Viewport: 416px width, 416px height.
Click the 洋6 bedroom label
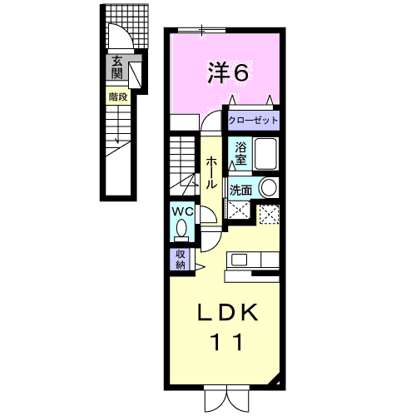(x=228, y=72)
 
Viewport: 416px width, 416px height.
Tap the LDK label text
(x=227, y=312)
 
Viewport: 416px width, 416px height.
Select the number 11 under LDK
(x=227, y=342)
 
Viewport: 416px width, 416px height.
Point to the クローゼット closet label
(x=253, y=121)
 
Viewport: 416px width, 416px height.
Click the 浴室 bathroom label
(x=240, y=153)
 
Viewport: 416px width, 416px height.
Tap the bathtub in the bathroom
(x=265, y=154)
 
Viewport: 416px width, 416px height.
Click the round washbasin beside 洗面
(x=268, y=187)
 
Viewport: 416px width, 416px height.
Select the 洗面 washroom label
(x=240, y=191)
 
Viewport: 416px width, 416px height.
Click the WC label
(x=182, y=212)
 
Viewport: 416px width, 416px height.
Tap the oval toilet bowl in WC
(x=181, y=228)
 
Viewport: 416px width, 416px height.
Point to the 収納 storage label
(x=181, y=260)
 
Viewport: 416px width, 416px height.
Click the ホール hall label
(x=211, y=172)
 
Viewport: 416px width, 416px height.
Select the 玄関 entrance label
(x=117, y=67)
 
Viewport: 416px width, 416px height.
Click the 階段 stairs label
(x=118, y=97)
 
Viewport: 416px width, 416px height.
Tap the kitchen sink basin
(x=239, y=260)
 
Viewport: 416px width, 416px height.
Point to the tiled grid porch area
(x=127, y=27)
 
